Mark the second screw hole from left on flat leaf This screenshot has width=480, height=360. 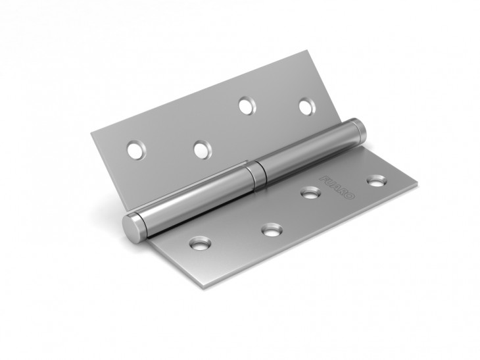(271, 229)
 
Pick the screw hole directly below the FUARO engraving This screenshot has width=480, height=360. (310, 193)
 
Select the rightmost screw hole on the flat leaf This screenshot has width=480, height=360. (376, 179)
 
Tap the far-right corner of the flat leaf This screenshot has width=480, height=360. (416, 182)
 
